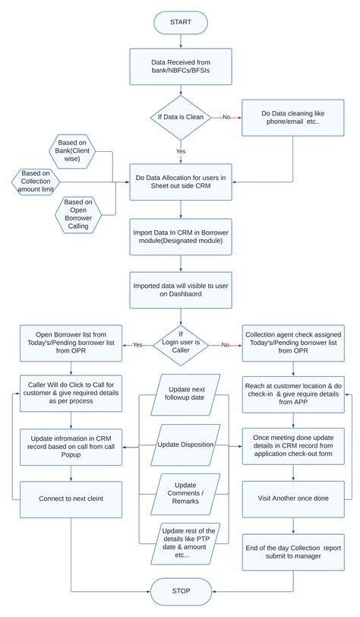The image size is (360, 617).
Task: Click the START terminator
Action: click(181, 23)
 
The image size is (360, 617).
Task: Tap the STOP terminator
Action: click(181, 591)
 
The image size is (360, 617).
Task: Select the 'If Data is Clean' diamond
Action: click(181, 117)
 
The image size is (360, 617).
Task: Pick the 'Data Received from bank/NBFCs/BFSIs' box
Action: click(181, 67)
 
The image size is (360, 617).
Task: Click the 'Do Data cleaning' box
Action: click(293, 118)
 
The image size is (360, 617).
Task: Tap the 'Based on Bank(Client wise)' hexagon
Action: click(72, 151)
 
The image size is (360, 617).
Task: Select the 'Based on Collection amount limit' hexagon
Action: click(36, 182)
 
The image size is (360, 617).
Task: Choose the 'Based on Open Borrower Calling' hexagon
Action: click(78, 214)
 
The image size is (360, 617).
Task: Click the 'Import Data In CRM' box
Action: click(181, 236)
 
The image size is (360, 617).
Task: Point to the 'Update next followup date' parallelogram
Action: click(185, 394)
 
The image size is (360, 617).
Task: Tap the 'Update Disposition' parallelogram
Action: click(185, 445)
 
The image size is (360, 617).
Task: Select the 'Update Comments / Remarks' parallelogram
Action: click(185, 493)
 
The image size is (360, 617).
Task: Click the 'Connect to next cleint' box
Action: click(71, 499)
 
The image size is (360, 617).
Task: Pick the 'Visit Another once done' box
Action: click(293, 498)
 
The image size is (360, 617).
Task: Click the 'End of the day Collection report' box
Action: click(293, 552)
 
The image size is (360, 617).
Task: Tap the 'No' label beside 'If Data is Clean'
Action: click(226, 117)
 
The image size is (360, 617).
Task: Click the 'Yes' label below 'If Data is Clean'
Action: click(181, 151)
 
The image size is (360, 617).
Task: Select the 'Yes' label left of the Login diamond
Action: click(137, 345)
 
